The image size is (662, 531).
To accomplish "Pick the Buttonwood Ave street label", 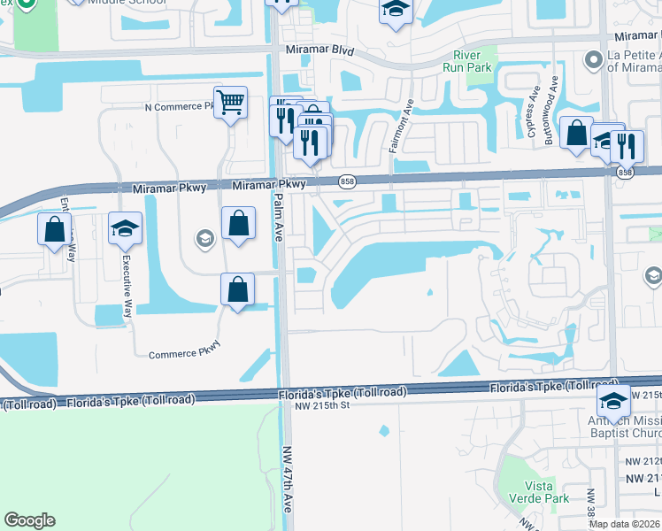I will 555,100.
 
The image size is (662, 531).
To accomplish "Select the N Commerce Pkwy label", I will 181,106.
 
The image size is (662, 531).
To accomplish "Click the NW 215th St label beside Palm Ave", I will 325,404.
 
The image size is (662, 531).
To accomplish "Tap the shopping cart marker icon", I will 230,103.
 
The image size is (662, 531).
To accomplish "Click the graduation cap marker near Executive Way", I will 126,228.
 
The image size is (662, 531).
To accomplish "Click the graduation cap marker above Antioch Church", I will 613,400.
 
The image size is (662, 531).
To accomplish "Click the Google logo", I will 29,520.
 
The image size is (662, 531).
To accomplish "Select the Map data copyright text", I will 625,524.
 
